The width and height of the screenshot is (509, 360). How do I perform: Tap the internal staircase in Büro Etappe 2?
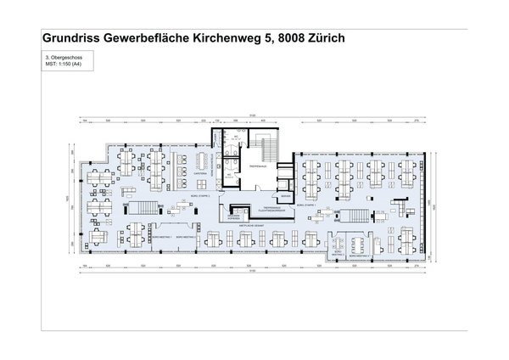coord(141,206)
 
